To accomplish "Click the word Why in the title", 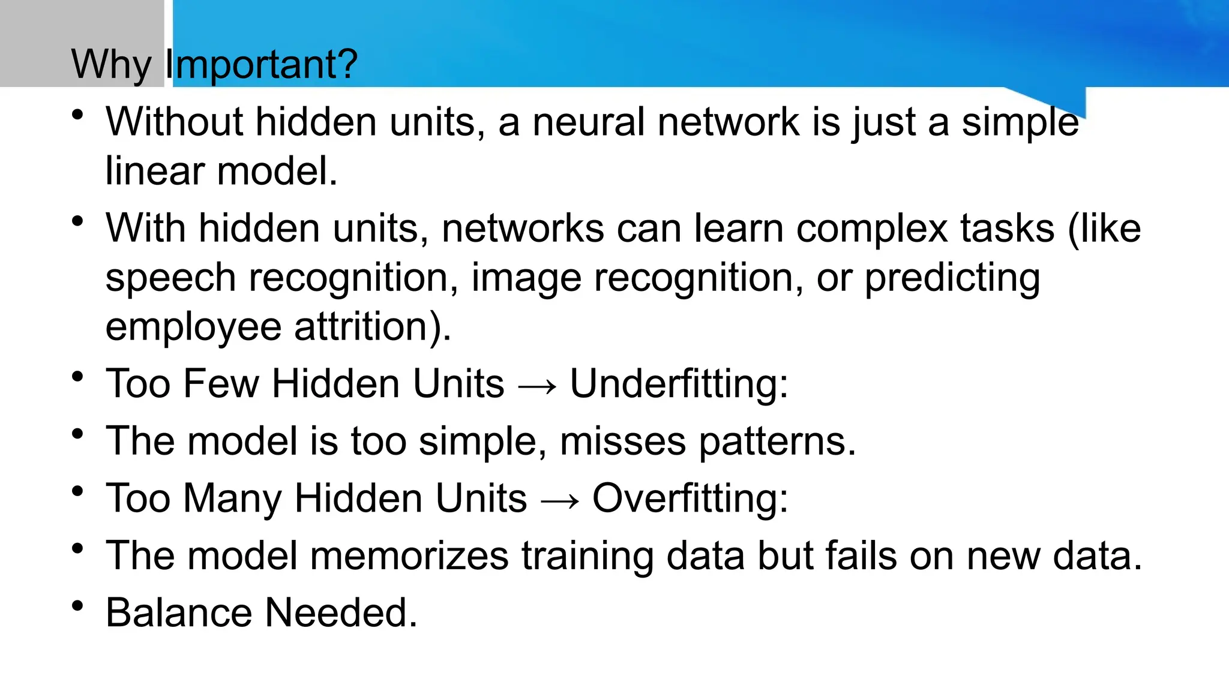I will [111, 65].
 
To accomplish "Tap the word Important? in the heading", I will [261, 65].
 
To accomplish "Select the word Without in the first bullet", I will [174, 122].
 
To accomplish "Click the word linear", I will [155, 171].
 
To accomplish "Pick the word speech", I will [170, 278].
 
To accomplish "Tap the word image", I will [526, 278].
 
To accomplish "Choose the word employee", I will [193, 327].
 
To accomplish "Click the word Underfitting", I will [678, 384].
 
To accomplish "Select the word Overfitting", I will [690, 498].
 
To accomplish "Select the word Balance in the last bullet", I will [179, 613].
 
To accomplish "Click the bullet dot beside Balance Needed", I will [77, 606].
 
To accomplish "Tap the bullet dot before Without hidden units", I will [77, 115].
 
